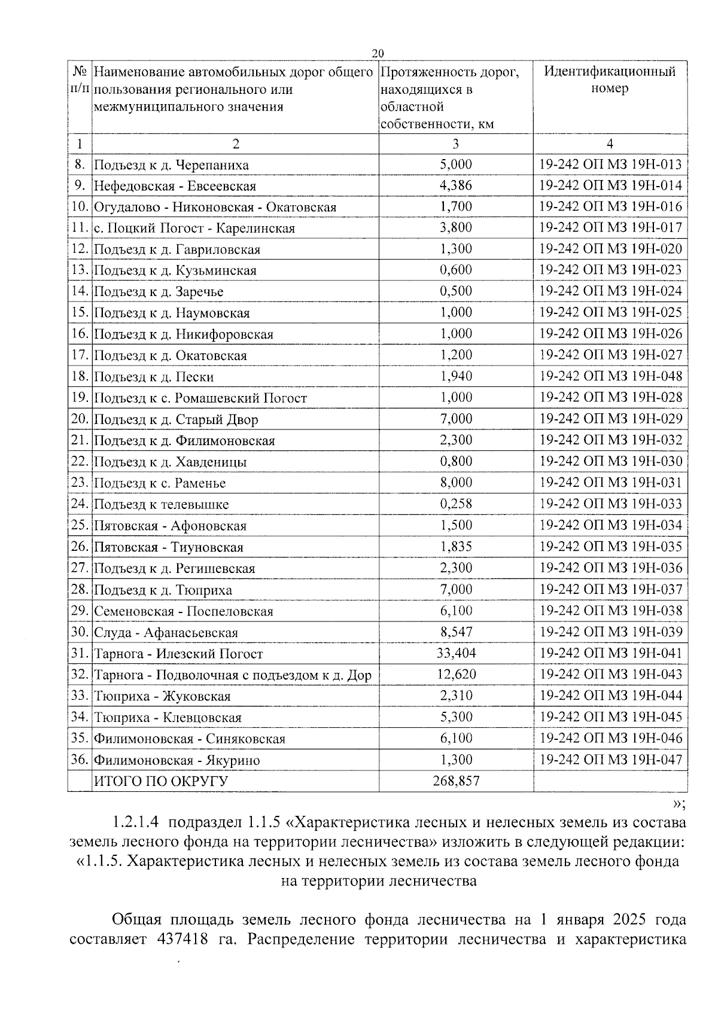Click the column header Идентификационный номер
610,80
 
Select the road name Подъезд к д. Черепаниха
171,165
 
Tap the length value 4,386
455,185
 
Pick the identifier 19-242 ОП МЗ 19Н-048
610,376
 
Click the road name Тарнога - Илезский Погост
178,654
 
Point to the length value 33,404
455,653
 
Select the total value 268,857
455,781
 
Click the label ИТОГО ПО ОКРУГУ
161,781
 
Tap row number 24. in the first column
80,504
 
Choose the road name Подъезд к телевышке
162,505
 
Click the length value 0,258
455,504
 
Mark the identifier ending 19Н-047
610,760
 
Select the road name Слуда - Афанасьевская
166,633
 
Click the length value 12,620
455,675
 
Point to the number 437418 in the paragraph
182,939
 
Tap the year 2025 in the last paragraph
621,919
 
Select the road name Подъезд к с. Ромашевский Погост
200,398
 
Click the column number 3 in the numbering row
455,144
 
